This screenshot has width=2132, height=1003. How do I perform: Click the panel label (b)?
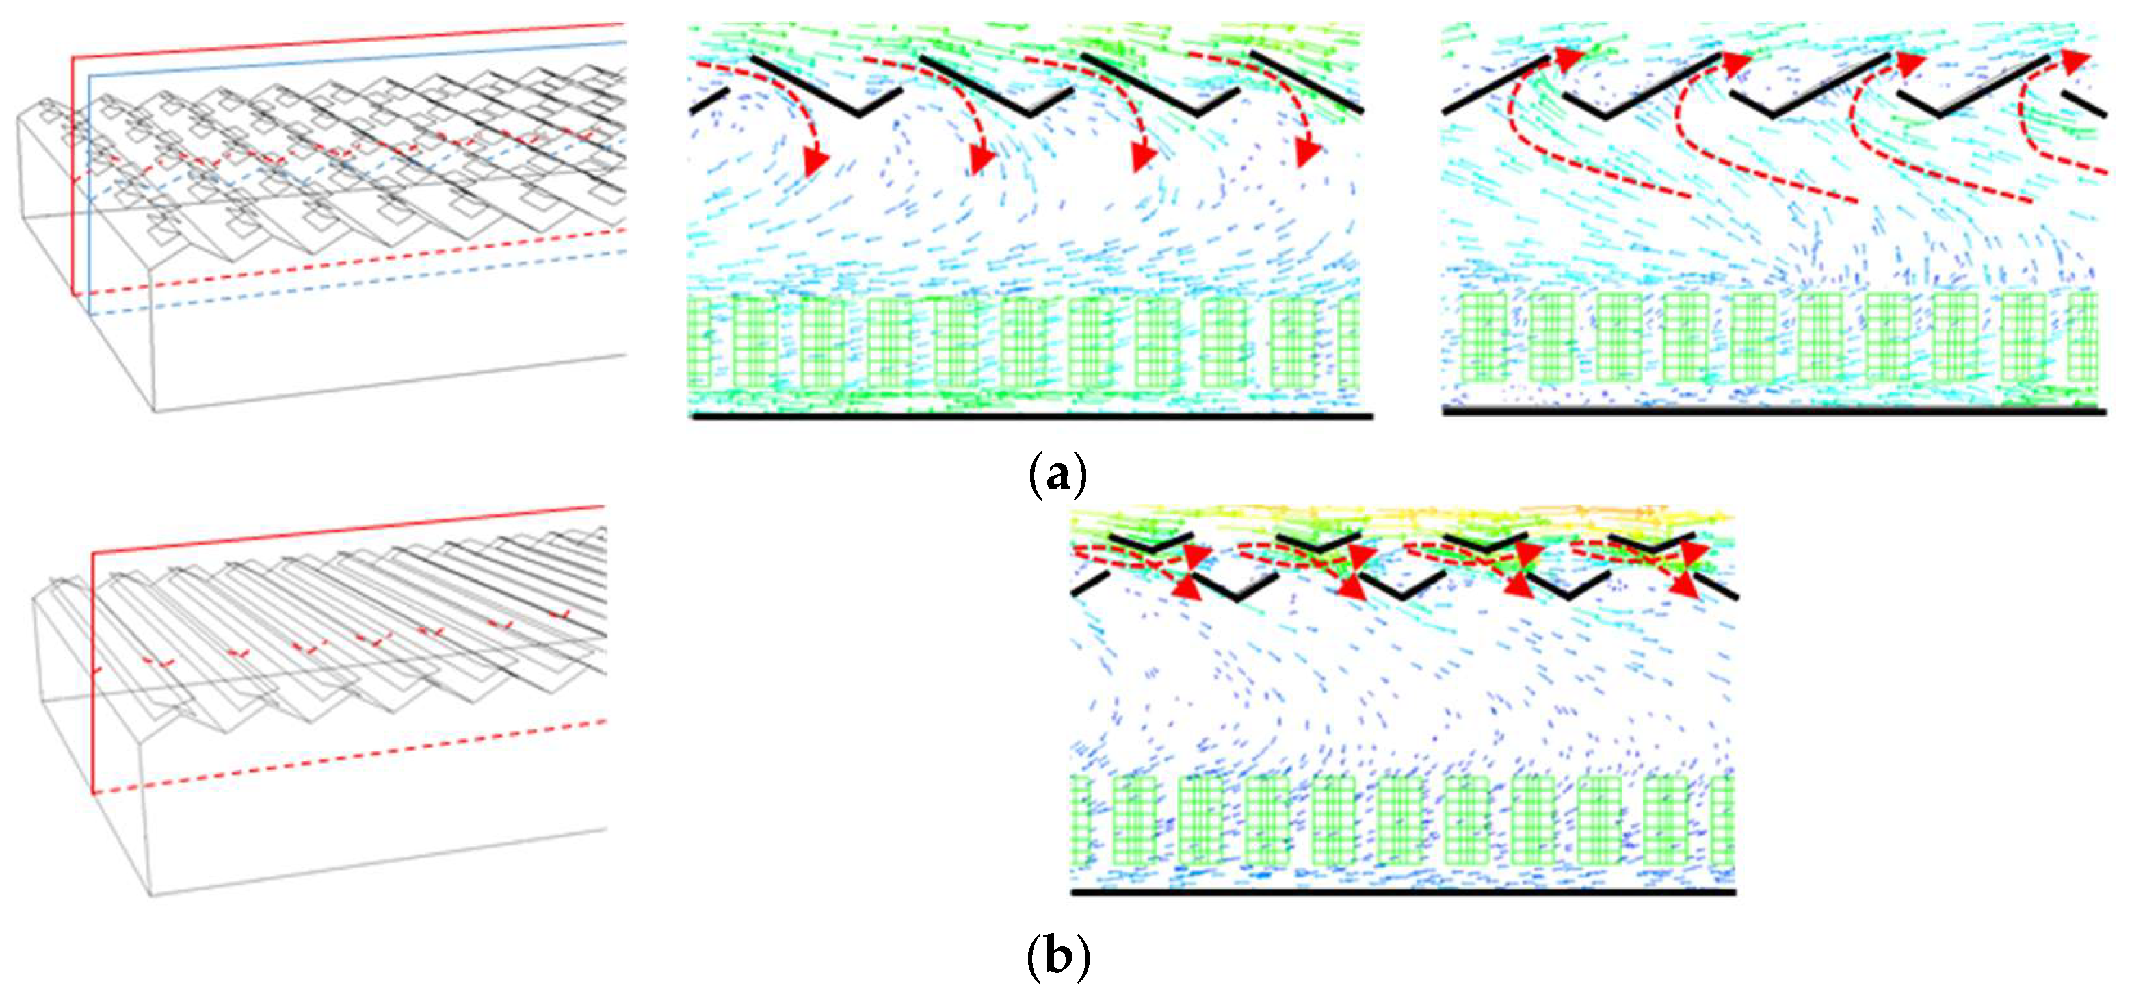1057,956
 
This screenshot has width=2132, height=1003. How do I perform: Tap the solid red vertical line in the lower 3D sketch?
92,670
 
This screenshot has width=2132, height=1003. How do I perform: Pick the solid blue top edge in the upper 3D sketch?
356,58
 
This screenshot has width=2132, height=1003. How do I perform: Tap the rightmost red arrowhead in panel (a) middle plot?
1308,153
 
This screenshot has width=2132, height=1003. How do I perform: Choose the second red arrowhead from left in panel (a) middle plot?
982,159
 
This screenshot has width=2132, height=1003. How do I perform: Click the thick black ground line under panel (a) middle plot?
1031,416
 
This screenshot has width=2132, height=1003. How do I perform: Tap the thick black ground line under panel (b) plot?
1403,892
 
